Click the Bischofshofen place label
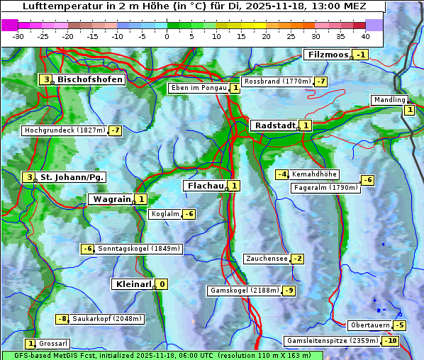click(x=90, y=80)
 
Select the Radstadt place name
click(x=274, y=125)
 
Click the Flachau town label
click(x=204, y=186)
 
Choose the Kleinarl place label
click(x=133, y=284)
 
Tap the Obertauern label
click(x=370, y=325)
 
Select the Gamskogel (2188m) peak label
click(x=245, y=291)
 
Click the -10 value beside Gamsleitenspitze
click(x=391, y=341)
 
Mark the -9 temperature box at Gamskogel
click(x=289, y=291)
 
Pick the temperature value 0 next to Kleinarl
click(x=162, y=284)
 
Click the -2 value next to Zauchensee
click(x=298, y=259)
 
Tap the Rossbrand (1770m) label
click(x=277, y=81)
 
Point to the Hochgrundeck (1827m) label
click(x=64, y=130)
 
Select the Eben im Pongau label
click(x=199, y=88)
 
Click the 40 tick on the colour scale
click(x=365, y=36)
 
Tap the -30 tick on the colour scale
click(x=18, y=36)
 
